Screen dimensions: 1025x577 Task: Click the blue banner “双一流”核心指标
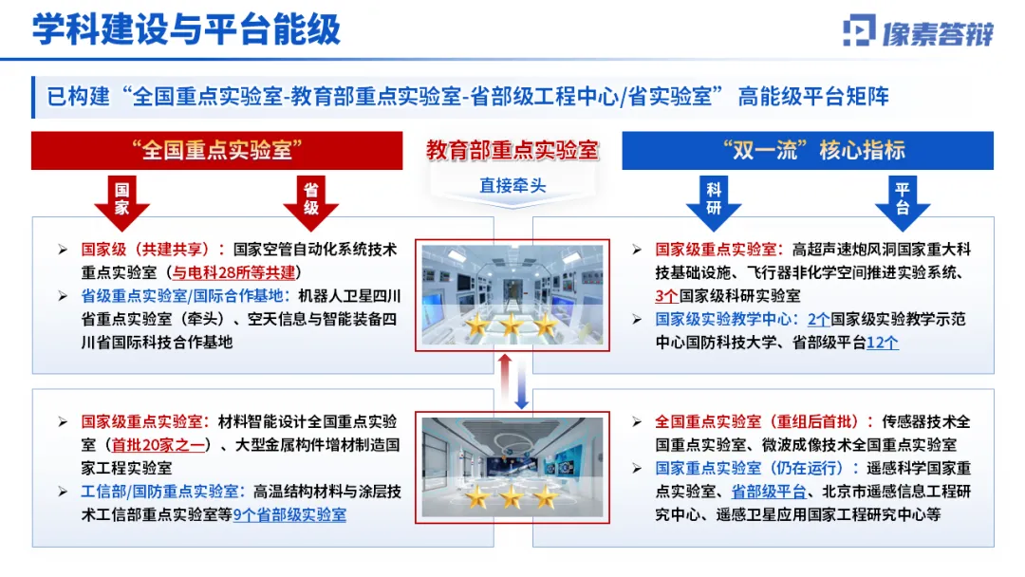808,150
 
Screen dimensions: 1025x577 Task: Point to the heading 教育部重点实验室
512,149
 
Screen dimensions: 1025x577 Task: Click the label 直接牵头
512,185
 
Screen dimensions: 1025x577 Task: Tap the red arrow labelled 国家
122,199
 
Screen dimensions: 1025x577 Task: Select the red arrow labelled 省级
310,199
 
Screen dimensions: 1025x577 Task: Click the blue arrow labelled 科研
714,199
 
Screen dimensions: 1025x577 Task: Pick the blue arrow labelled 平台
902,199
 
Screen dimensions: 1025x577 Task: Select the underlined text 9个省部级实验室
289,514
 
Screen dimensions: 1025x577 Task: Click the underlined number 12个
883,343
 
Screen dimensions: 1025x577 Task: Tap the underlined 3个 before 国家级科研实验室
665,296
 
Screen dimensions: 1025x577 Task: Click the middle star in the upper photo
511,326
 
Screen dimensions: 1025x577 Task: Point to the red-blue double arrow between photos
512,382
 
